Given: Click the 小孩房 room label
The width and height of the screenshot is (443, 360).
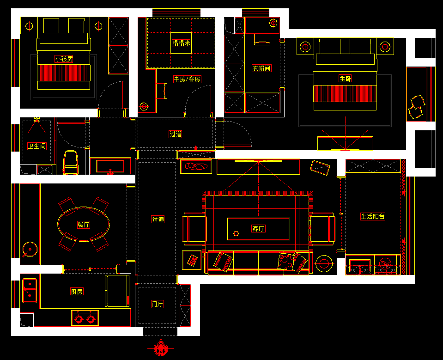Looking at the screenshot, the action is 64,59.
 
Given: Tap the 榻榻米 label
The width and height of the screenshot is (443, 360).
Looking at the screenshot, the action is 181,43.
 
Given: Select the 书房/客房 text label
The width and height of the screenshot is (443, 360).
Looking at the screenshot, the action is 187,79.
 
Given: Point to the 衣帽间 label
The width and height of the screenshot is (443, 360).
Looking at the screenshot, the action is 261,68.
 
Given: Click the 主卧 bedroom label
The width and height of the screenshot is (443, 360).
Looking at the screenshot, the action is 345,79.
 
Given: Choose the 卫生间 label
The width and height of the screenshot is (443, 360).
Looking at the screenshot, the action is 37,146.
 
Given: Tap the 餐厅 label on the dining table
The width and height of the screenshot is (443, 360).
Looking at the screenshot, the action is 84,225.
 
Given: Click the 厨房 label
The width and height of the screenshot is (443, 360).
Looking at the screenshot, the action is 77,292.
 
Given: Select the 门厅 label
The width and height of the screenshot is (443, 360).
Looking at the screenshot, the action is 158,304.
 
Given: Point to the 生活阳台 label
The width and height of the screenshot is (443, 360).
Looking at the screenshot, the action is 373,216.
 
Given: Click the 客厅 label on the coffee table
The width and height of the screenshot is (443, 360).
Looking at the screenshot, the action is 258,229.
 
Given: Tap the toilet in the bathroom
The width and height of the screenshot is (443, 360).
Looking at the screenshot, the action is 71,162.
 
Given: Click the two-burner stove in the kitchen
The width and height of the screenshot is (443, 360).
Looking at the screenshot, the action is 85,318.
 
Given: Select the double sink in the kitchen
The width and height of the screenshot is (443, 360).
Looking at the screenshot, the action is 30,291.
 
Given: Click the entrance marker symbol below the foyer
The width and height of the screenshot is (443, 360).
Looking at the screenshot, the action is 161,348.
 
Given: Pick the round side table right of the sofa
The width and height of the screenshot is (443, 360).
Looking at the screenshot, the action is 324,263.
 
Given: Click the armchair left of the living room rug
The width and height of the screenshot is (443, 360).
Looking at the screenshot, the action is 194,229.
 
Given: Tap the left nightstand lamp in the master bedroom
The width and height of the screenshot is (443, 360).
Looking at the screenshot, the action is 305,47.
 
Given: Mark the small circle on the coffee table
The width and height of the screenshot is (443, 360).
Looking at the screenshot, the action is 236,233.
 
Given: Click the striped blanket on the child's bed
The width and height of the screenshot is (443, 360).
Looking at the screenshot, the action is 64,73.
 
